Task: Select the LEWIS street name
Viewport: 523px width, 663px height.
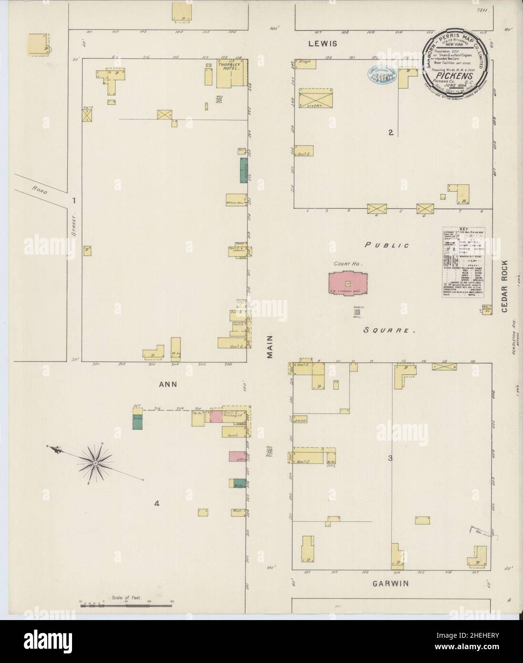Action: (x=323, y=43)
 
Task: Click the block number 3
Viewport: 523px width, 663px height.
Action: (x=390, y=458)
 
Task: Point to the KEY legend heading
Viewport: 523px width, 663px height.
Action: (x=463, y=229)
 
